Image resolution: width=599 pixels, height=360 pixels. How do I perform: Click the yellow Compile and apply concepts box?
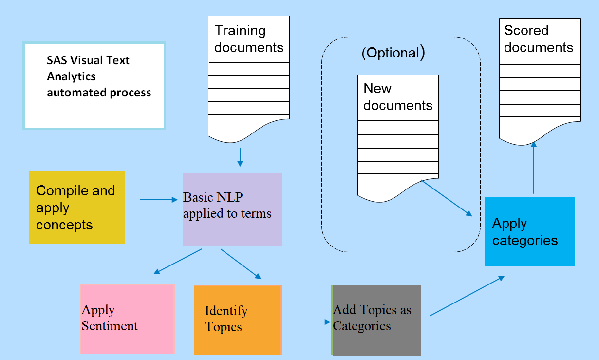tap(77, 207)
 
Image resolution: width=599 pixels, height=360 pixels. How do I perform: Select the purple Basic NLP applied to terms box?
tap(232, 209)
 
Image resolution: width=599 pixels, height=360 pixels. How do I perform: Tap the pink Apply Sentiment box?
tap(127, 319)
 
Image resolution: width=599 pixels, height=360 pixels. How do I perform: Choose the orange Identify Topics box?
tap(238, 320)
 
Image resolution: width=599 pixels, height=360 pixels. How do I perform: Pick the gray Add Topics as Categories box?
tap(376, 320)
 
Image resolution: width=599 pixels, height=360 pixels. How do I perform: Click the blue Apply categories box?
tap(530, 231)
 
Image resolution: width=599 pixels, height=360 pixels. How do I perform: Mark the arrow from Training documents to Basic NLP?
tap(240, 157)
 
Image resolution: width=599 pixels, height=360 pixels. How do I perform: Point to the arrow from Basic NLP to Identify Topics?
tap(241, 264)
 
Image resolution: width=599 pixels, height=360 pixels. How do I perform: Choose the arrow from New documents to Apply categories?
tap(447, 198)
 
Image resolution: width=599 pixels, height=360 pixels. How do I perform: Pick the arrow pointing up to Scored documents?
tap(534, 168)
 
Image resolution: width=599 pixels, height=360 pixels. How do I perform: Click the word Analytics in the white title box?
tap(71, 76)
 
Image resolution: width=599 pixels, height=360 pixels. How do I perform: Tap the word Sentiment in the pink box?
tap(110, 326)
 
